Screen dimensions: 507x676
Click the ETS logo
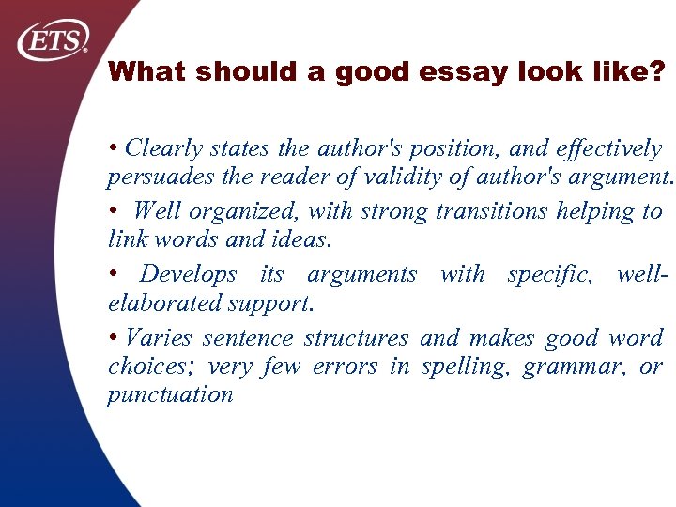(x=54, y=40)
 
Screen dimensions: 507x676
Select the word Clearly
(x=164, y=148)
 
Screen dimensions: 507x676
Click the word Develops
(x=189, y=274)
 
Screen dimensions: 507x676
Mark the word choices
(x=145, y=366)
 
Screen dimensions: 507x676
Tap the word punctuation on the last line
(x=170, y=394)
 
